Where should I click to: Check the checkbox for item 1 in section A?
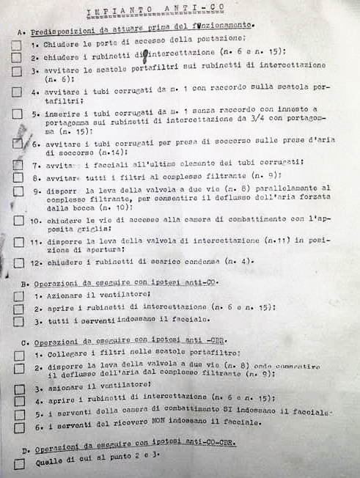[x=17, y=45]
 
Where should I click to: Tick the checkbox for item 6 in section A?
[x=18, y=144]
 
